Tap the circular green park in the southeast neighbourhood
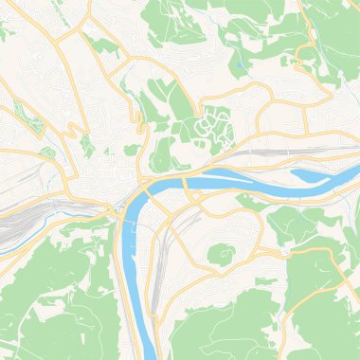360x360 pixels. click(x=220, y=253)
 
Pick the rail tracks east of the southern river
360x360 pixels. click(x=163, y=256)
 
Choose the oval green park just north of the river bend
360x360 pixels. click(x=163, y=152)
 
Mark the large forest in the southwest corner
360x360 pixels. click(x=47, y=294)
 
